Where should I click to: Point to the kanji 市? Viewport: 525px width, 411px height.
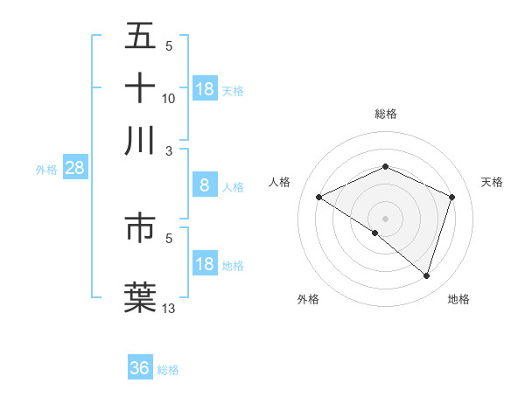[140, 226]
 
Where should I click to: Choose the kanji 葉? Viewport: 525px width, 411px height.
[140, 295]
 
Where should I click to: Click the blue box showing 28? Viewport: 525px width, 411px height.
[74, 169]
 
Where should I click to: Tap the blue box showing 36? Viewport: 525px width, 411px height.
[140, 368]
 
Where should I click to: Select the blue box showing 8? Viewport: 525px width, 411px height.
[204, 185]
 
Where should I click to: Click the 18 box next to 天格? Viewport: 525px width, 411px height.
[205, 89]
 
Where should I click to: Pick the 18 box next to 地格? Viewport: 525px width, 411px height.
[205, 264]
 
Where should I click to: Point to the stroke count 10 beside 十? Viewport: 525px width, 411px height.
[169, 98]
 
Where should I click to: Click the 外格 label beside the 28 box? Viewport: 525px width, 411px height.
[46, 170]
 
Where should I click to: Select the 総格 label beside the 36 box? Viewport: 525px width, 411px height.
[168, 370]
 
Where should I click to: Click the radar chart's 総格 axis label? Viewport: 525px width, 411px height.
[385, 114]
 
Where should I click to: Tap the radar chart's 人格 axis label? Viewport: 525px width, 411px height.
[280, 182]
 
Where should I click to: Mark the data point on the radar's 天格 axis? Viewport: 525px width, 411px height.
[452, 197]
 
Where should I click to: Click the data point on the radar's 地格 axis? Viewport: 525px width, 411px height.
[427, 275]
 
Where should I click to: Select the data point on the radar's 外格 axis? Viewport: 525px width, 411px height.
[375, 233]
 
